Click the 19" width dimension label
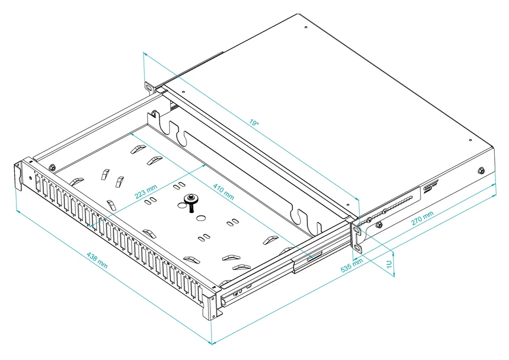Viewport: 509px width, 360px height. (255, 122)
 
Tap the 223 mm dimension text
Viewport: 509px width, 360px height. (145, 191)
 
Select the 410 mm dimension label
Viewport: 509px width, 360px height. (224, 191)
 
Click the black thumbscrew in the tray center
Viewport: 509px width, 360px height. (191, 201)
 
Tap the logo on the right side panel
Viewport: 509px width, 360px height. (429, 187)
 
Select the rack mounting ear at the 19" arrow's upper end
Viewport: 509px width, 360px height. (150, 87)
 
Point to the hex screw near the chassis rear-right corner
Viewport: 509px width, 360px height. (481, 170)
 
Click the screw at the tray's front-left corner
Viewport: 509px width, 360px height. (52, 167)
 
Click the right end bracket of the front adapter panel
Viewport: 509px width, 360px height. (211, 305)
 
